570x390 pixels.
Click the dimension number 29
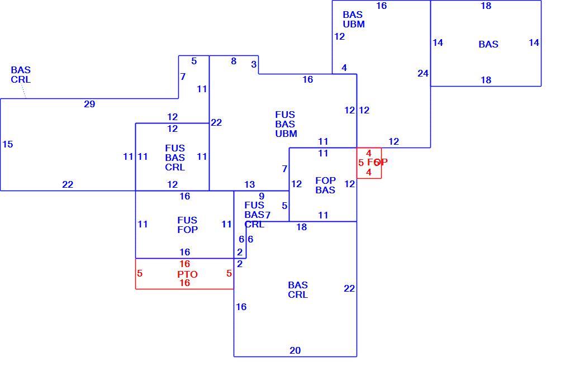tap(89, 104)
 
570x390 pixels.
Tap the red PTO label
tap(187, 274)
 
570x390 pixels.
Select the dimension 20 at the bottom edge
tap(295, 350)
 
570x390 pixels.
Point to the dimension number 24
tap(423, 73)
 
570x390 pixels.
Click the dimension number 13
tap(249, 184)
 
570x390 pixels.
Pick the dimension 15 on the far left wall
tap(8, 144)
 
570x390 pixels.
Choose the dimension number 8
tap(234, 61)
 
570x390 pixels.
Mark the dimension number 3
tap(254, 64)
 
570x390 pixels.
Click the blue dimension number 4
tap(344, 68)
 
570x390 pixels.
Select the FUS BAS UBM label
tap(286, 124)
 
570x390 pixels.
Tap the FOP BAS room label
tap(325, 186)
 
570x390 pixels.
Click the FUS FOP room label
tap(188, 225)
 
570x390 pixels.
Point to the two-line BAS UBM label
tap(354, 20)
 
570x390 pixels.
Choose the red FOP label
tap(377, 162)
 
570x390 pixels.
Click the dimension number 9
tap(262, 196)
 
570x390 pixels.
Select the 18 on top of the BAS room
tap(486, 6)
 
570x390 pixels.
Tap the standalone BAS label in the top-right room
tap(488, 44)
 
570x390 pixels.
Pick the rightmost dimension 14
tap(534, 43)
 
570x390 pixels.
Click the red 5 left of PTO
tap(140, 273)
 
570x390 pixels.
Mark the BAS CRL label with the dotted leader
tap(21, 75)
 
